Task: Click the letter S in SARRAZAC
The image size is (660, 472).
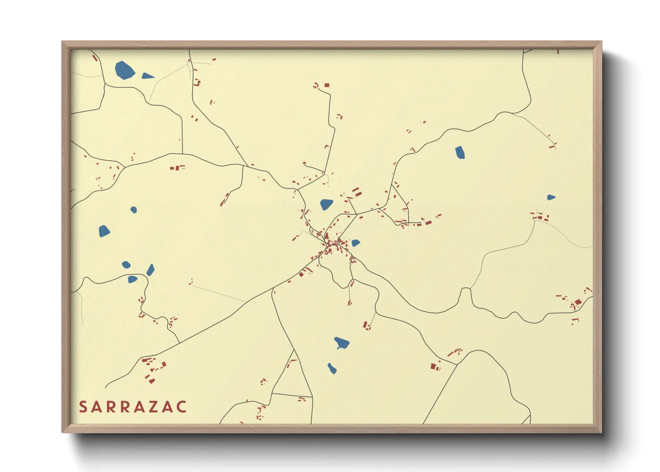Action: click(x=83, y=407)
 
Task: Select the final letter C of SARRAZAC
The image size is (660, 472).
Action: click(x=181, y=407)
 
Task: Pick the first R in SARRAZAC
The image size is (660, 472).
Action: click(x=111, y=407)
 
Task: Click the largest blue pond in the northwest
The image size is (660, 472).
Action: click(x=124, y=70)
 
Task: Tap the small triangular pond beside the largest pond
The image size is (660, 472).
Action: click(x=147, y=76)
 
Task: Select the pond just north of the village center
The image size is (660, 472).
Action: click(x=326, y=204)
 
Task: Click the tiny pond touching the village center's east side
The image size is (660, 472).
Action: click(x=355, y=243)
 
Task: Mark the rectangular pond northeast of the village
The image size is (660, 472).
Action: click(x=460, y=152)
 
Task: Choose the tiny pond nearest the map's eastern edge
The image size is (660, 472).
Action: click(x=551, y=197)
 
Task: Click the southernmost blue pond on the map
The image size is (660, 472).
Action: click(x=332, y=368)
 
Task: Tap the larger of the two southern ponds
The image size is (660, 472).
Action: click(x=342, y=343)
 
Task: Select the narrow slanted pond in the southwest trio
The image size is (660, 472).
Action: click(x=151, y=270)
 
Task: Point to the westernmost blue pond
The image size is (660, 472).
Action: click(x=104, y=231)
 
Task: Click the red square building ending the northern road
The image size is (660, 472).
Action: click(x=327, y=85)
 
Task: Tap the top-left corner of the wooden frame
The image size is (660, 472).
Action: click(x=63, y=42)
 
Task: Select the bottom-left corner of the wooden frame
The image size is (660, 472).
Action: click(x=63, y=432)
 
